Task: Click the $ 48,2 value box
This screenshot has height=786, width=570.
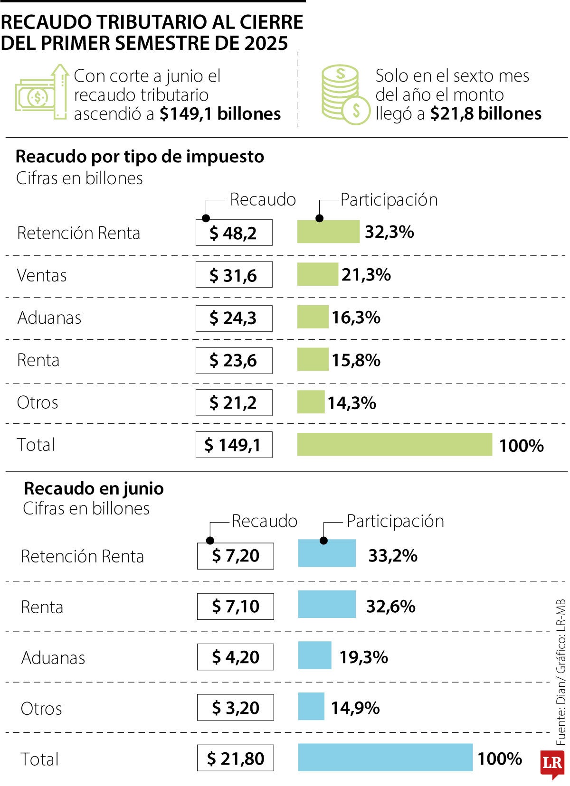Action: click(234, 233)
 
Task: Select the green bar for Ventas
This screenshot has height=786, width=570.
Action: click(317, 274)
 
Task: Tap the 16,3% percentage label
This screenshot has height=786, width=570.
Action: click(356, 317)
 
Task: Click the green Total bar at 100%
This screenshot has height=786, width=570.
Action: click(394, 444)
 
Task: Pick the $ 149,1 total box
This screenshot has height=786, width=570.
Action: click(234, 445)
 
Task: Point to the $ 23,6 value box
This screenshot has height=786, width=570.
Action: click(234, 360)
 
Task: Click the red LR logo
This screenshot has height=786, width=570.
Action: click(552, 763)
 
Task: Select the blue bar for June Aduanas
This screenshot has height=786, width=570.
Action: click(314, 655)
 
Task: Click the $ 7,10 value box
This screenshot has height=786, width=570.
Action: click(235, 606)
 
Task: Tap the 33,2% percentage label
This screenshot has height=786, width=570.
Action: click(392, 555)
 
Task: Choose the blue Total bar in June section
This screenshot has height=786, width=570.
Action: click(385, 757)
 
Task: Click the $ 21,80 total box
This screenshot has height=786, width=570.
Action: click(235, 758)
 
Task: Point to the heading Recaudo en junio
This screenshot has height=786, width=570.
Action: click(94, 488)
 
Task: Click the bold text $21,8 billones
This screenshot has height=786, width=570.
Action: click(485, 114)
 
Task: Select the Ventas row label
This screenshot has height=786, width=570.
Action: click(42, 275)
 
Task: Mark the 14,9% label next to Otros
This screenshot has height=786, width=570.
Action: click(355, 708)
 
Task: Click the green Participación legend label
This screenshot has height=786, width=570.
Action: click(389, 200)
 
